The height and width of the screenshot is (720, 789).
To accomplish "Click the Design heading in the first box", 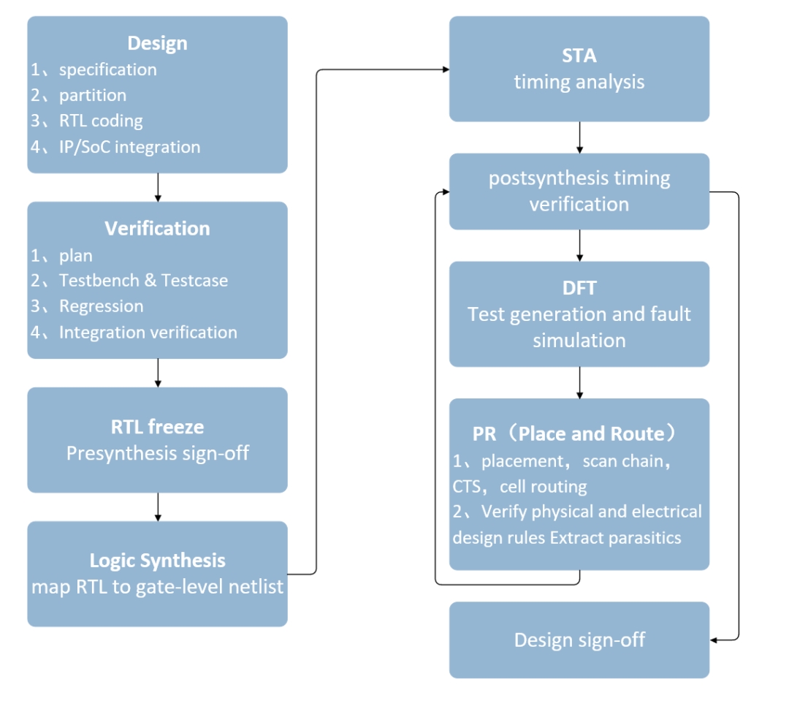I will pyautogui.click(x=157, y=43).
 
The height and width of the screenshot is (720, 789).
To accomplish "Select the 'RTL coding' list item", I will pyautogui.click(x=101, y=121).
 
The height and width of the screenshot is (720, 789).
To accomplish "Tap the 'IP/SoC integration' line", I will pyautogui.click(x=129, y=147).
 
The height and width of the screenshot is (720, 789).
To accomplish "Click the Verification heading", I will pyautogui.click(x=157, y=229).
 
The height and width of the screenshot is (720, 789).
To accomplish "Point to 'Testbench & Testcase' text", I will pyautogui.click(x=143, y=280).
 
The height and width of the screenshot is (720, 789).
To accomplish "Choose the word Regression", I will pyautogui.click(x=101, y=306).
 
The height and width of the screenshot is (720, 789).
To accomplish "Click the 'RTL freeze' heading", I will pyautogui.click(x=157, y=426).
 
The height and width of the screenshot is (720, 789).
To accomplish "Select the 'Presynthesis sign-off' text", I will pyautogui.click(x=157, y=453).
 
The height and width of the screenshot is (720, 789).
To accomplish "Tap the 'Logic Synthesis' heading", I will pyautogui.click(x=157, y=561).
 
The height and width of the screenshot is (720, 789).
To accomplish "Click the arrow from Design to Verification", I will pyautogui.click(x=158, y=187).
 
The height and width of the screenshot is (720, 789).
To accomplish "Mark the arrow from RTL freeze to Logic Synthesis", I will pyautogui.click(x=158, y=507).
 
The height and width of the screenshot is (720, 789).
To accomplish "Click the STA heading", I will pyautogui.click(x=579, y=55).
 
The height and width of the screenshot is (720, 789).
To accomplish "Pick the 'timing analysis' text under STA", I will pyautogui.click(x=579, y=81).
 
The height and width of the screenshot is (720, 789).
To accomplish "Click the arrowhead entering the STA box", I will pyautogui.click(x=444, y=69).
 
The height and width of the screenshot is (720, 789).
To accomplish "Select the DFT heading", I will pyautogui.click(x=579, y=288).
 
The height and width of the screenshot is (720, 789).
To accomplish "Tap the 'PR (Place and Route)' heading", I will pyautogui.click(x=579, y=433).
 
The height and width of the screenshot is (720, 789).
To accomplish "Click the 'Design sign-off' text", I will pyautogui.click(x=579, y=640).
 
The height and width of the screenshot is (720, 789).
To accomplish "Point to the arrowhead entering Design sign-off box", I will pyautogui.click(x=714, y=640).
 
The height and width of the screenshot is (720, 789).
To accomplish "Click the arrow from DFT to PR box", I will pyautogui.click(x=579, y=382).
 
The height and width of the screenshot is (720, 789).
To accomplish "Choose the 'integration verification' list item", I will pyautogui.click(x=148, y=333).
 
